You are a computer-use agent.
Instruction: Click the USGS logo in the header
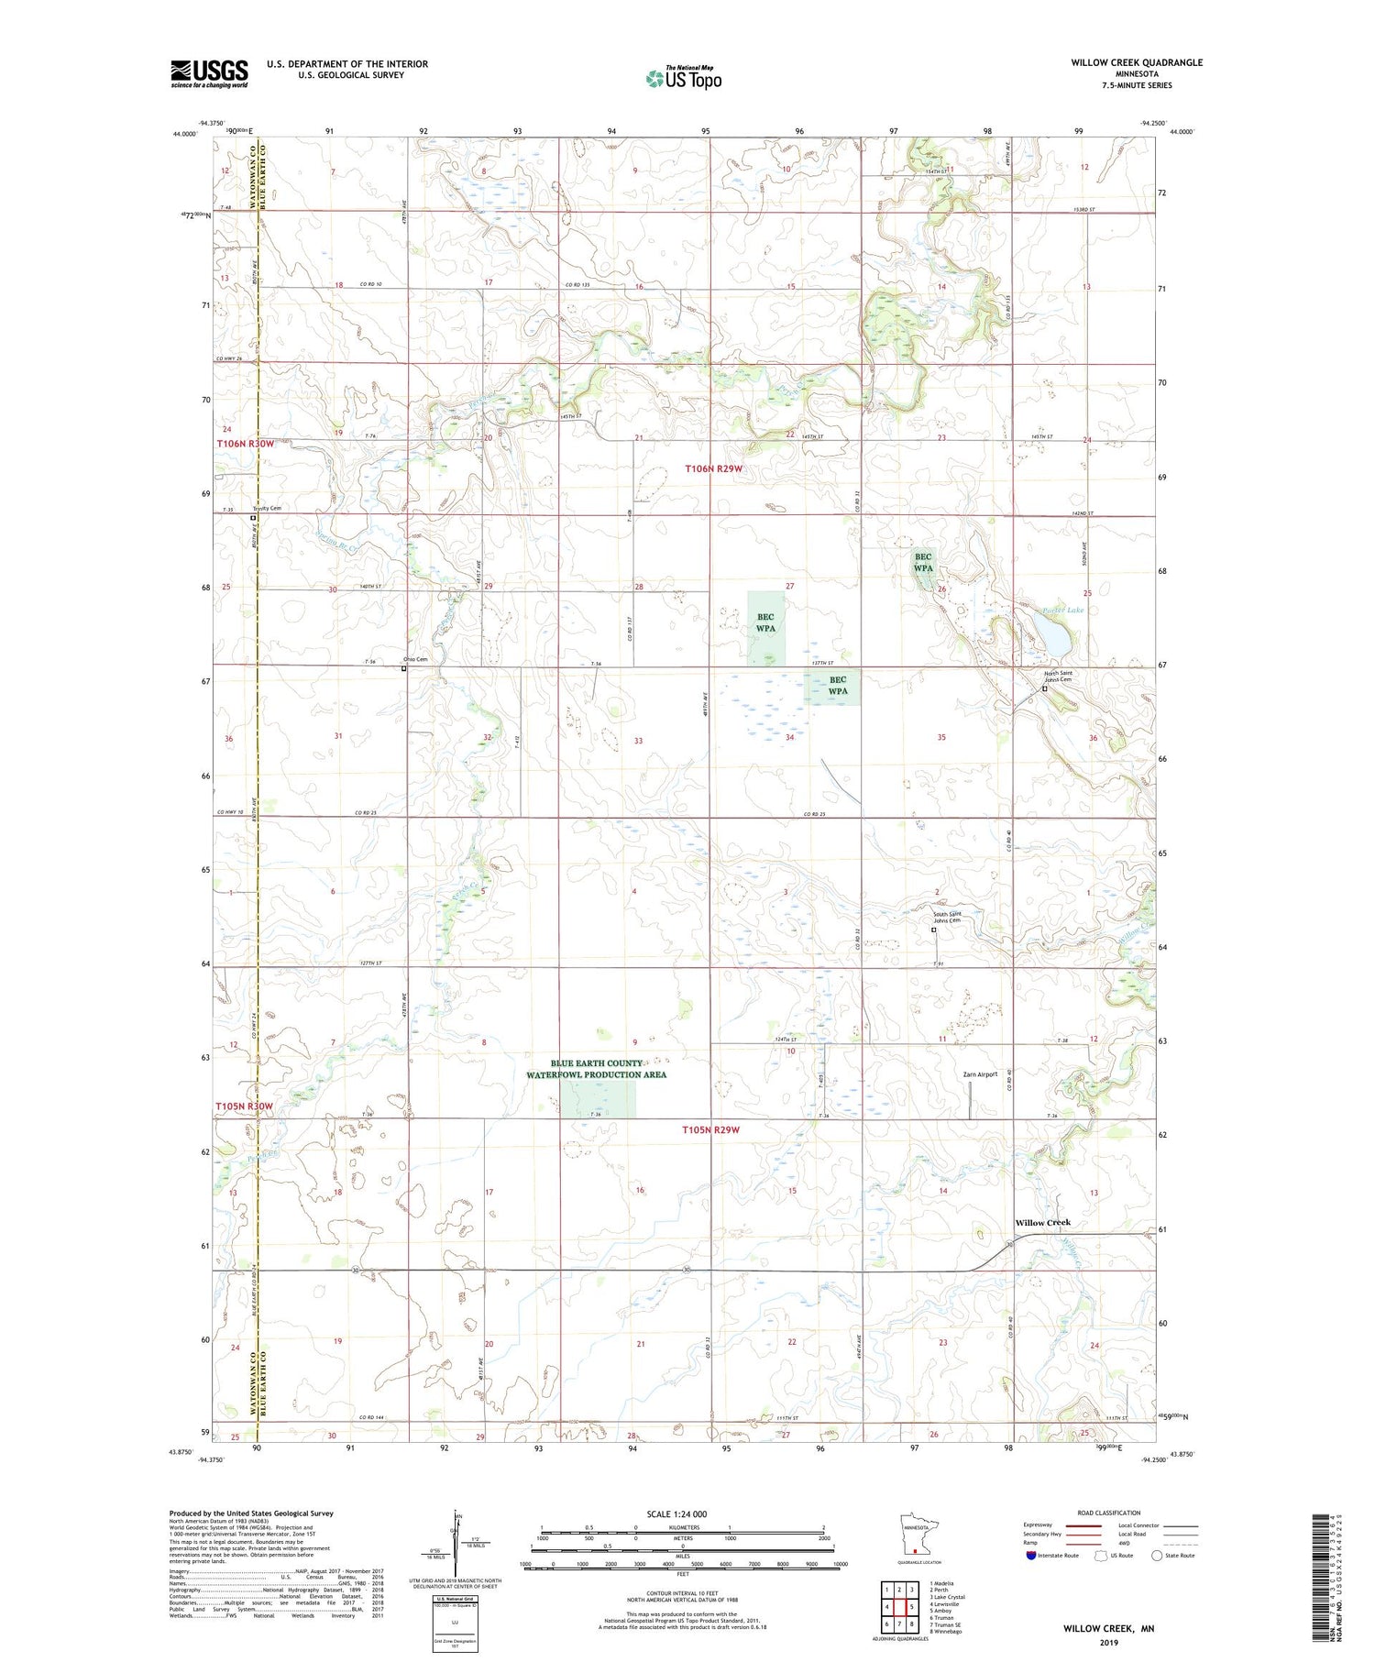(x=209, y=73)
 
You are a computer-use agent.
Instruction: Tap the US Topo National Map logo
(x=683, y=78)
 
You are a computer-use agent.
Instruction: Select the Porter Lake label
(x=1063, y=610)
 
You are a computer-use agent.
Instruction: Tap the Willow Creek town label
(x=1042, y=1223)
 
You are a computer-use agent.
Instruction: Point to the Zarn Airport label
(x=980, y=1074)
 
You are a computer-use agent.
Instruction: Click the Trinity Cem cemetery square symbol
(x=254, y=518)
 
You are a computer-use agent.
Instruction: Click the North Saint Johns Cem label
(x=1058, y=677)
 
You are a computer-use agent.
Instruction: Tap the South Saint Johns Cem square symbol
(x=934, y=930)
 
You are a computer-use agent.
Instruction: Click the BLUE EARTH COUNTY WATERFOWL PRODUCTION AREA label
(x=596, y=1069)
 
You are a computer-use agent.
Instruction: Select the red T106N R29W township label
(x=713, y=469)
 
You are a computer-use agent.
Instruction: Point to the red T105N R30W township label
(x=245, y=1106)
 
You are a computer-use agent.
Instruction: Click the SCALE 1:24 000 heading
(x=682, y=1513)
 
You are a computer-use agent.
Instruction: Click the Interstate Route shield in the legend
(x=1031, y=1555)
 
